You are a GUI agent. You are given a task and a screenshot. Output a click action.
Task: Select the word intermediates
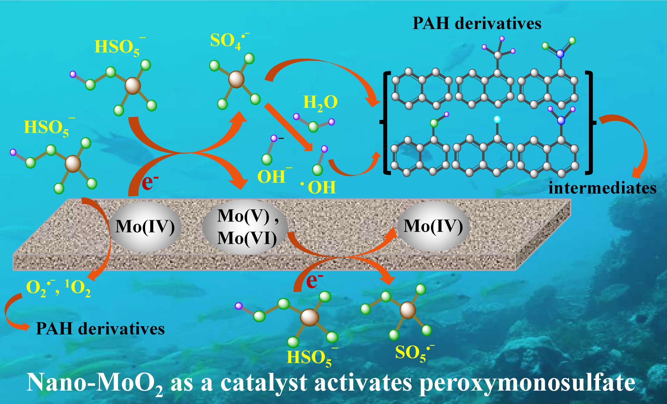click(x=602, y=188)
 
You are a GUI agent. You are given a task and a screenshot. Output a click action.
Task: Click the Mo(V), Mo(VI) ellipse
click(x=246, y=227)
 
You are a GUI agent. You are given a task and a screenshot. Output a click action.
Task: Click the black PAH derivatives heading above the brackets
click(x=477, y=24)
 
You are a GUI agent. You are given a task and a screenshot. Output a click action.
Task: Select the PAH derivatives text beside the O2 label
click(x=100, y=329)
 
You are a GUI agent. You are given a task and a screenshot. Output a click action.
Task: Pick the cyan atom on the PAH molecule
click(x=497, y=119)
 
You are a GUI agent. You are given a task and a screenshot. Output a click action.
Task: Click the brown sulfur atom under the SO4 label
click(x=236, y=79)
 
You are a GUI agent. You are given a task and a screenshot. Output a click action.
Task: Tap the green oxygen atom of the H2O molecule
click(x=313, y=127)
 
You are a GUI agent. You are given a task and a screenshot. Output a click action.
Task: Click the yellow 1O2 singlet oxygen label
click(x=78, y=288)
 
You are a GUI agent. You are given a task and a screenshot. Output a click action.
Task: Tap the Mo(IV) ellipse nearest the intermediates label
click(x=433, y=226)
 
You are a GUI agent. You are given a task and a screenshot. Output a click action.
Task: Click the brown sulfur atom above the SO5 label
click(x=408, y=310)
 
